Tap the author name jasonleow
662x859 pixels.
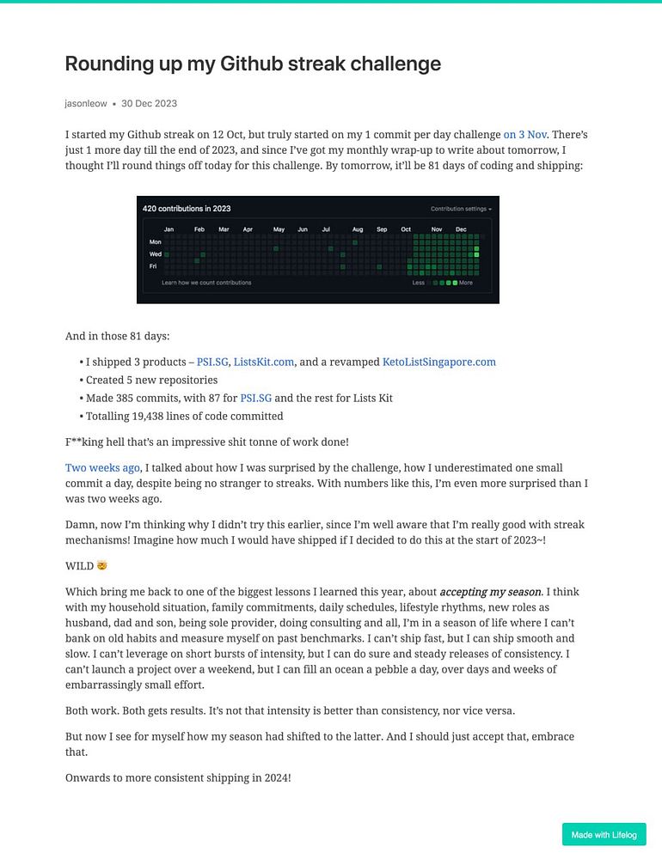[86, 103]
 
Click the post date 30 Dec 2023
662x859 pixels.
[149, 103]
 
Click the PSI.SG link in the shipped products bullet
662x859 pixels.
[212, 362]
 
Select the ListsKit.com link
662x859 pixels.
[264, 362]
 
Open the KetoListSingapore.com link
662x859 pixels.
[438, 362]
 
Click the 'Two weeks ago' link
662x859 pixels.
[102, 468]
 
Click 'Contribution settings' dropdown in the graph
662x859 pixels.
[461, 209]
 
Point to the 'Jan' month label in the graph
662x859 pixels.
[169, 230]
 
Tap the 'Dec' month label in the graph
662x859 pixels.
[461, 230]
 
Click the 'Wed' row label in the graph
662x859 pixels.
[156, 254]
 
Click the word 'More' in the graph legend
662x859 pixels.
[466, 283]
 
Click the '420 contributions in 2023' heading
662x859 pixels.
[187, 209]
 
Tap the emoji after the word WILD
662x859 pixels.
[103, 567]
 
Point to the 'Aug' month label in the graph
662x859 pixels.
[358, 230]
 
